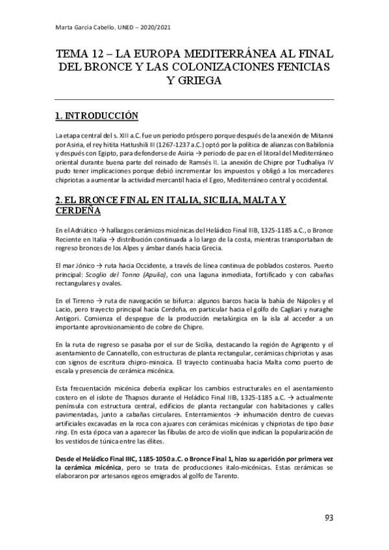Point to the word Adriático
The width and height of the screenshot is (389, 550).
(x=72, y=232)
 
